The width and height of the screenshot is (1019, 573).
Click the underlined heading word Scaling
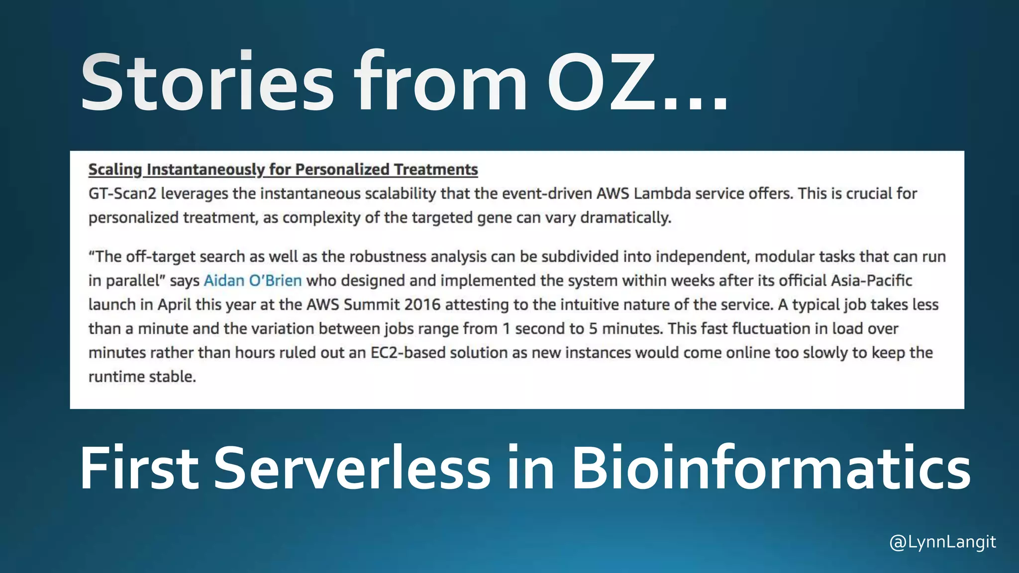click(x=115, y=170)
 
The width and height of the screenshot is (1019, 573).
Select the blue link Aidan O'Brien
click(x=253, y=281)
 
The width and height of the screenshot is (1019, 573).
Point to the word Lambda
click(x=662, y=193)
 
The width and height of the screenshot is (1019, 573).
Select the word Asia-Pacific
click(x=871, y=281)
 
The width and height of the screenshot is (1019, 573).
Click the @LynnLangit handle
click(x=942, y=542)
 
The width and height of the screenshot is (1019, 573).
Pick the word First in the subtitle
click(x=139, y=468)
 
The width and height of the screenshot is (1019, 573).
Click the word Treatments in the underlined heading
click(x=436, y=170)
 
